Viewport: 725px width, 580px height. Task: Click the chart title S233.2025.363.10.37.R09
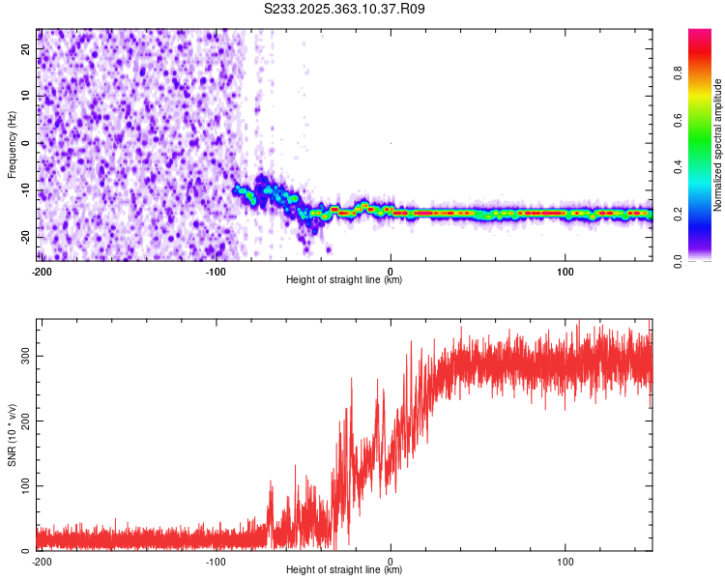coord(345,9)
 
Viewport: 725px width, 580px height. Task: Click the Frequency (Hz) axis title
coord(12,143)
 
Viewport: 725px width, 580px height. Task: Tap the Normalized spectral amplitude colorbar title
coord(718,145)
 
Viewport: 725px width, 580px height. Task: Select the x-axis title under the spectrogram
coord(344,280)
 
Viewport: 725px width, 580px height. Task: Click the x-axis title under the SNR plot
coord(344,570)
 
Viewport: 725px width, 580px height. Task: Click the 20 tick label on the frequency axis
coord(26,50)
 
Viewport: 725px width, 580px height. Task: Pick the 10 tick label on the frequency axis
coord(26,97)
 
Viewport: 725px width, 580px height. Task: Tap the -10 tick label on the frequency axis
coord(24,189)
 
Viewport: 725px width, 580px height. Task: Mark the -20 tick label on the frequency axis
coord(24,236)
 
